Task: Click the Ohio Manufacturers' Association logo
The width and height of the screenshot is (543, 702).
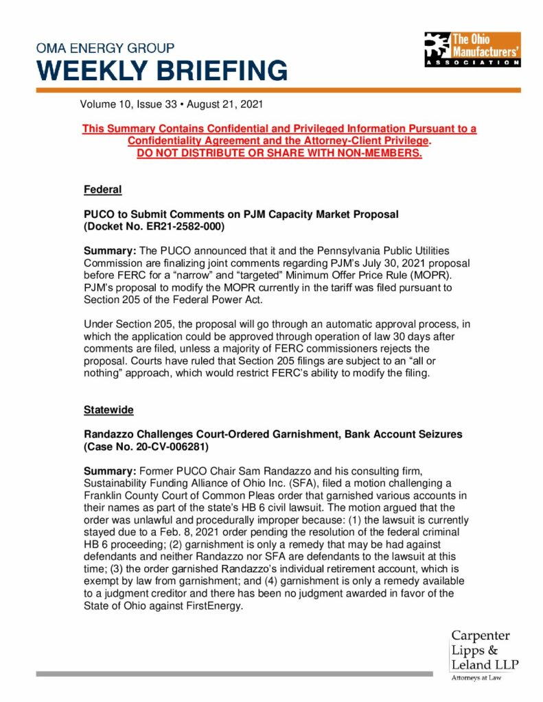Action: click(x=472, y=49)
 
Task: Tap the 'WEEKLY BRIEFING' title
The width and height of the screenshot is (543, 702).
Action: click(x=161, y=71)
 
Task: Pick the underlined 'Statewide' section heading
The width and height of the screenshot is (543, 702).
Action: click(x=108, y=409)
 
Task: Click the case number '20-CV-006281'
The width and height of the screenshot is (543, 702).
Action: click(x=166, y=446)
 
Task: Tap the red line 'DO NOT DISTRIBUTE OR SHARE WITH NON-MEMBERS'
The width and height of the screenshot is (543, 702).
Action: click(x=279, y=152)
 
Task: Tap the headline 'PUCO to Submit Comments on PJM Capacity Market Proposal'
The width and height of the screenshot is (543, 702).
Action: click(x=241, y=214)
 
